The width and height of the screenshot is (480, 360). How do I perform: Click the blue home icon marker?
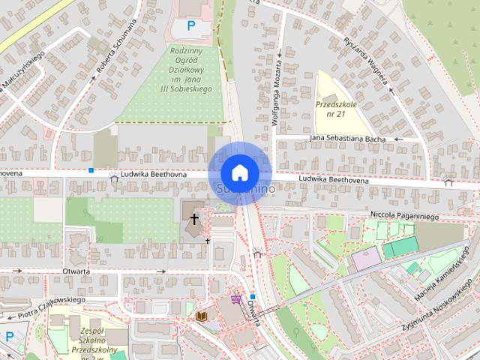tap(239, 172)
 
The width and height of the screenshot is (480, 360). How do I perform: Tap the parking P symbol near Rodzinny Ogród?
tap(190, 26)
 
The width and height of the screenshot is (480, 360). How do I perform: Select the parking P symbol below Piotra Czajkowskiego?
tap(10, 337)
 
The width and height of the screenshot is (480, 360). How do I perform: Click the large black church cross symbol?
tap(194, 219)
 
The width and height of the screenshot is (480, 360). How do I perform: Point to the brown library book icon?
tap(201, 317)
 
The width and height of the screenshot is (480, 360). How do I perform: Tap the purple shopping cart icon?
tap(237, 299)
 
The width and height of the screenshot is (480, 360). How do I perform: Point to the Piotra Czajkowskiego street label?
tap(53, 305)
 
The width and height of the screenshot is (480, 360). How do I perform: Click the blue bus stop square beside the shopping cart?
tap(253, 296)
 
